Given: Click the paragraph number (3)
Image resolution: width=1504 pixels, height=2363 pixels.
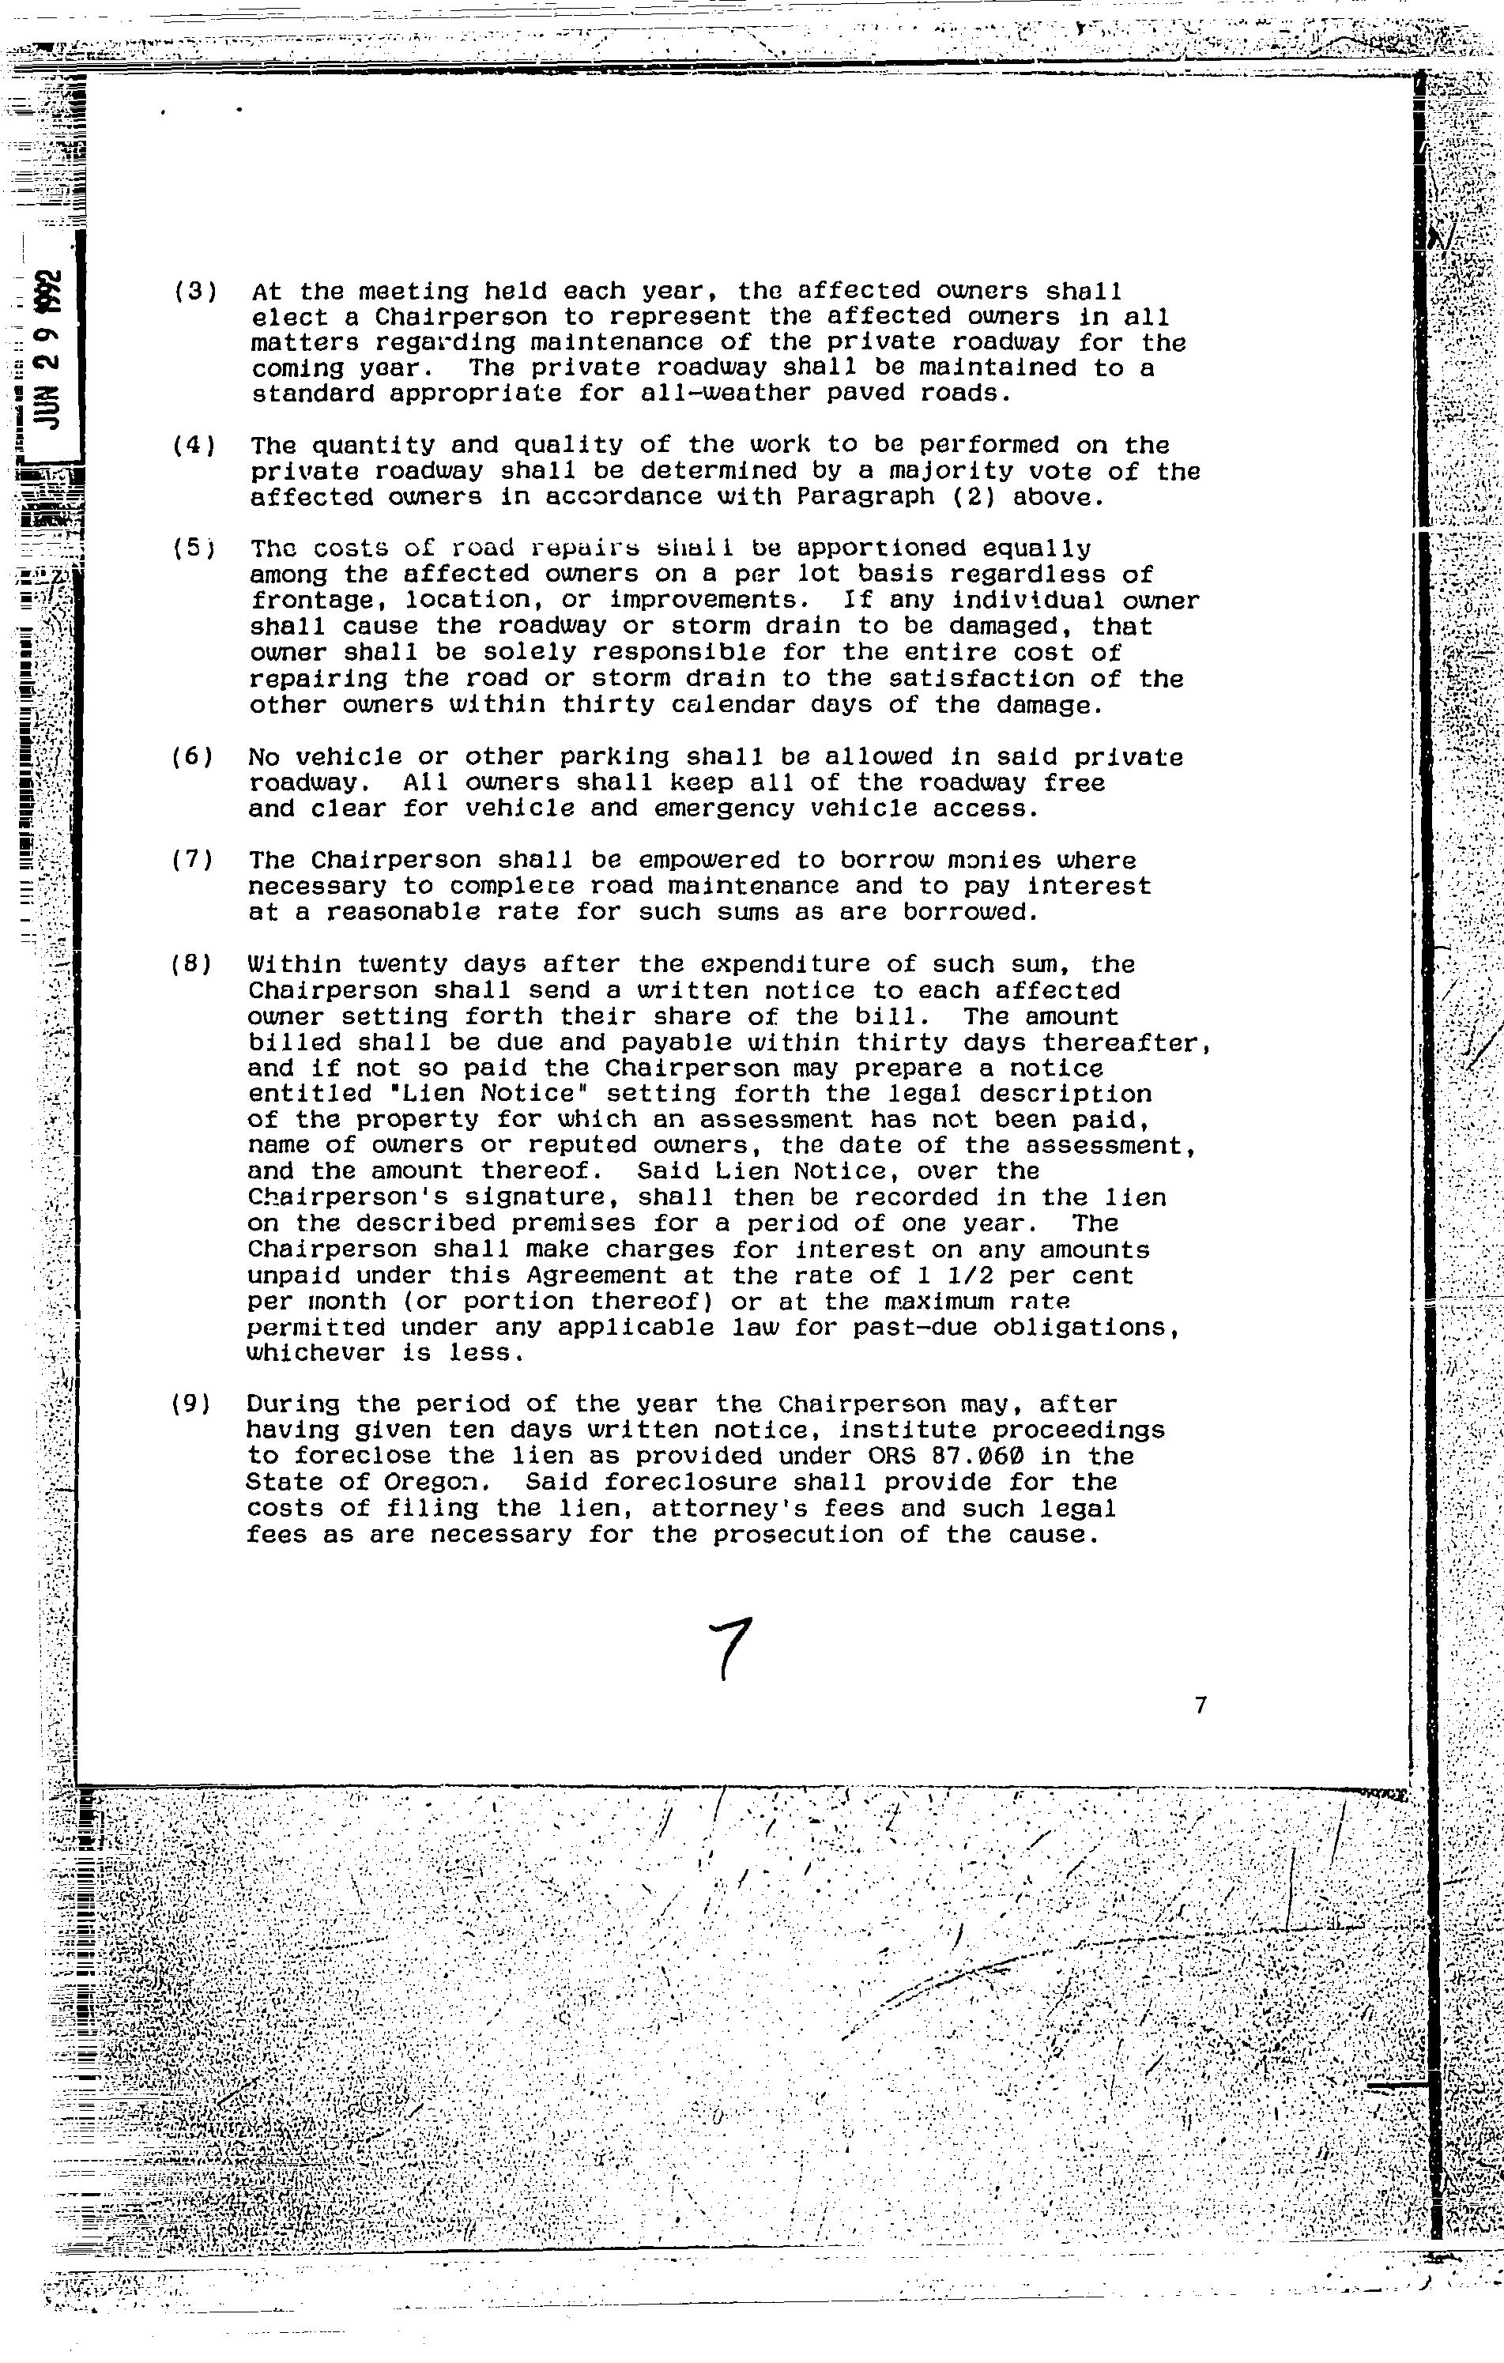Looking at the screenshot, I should (194, 292).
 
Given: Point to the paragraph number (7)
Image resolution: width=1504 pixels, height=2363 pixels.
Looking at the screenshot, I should (192, 861).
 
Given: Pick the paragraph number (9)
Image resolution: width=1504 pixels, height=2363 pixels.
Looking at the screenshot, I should (192, 1404).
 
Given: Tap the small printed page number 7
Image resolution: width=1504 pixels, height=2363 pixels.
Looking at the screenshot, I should (1201, 1705).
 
